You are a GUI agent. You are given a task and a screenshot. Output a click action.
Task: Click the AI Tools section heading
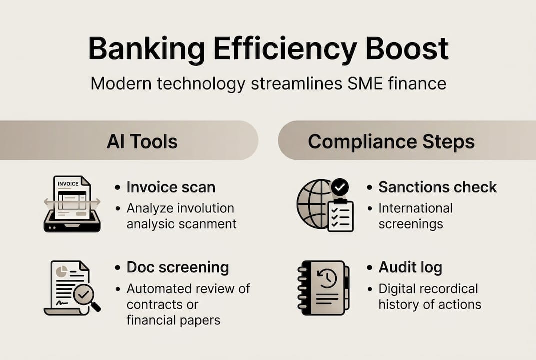[142, 142]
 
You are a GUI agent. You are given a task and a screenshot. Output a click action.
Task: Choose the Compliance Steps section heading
[391, 142]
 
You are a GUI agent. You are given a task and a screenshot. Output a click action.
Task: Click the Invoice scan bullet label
[171, 187]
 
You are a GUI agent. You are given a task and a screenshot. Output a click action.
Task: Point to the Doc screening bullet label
[178, 267]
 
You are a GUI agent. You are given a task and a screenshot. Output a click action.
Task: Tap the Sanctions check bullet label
[437, 187]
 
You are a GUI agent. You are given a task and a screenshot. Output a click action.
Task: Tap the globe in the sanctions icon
[313, 203]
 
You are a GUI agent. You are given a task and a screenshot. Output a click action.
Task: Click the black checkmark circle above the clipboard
[340, 188]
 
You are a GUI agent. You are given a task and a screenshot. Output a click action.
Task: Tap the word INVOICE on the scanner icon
[68, 184]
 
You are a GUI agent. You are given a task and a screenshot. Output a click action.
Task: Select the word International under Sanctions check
[415, 208]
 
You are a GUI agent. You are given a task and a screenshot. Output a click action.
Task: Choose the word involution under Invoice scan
[205, 208]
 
